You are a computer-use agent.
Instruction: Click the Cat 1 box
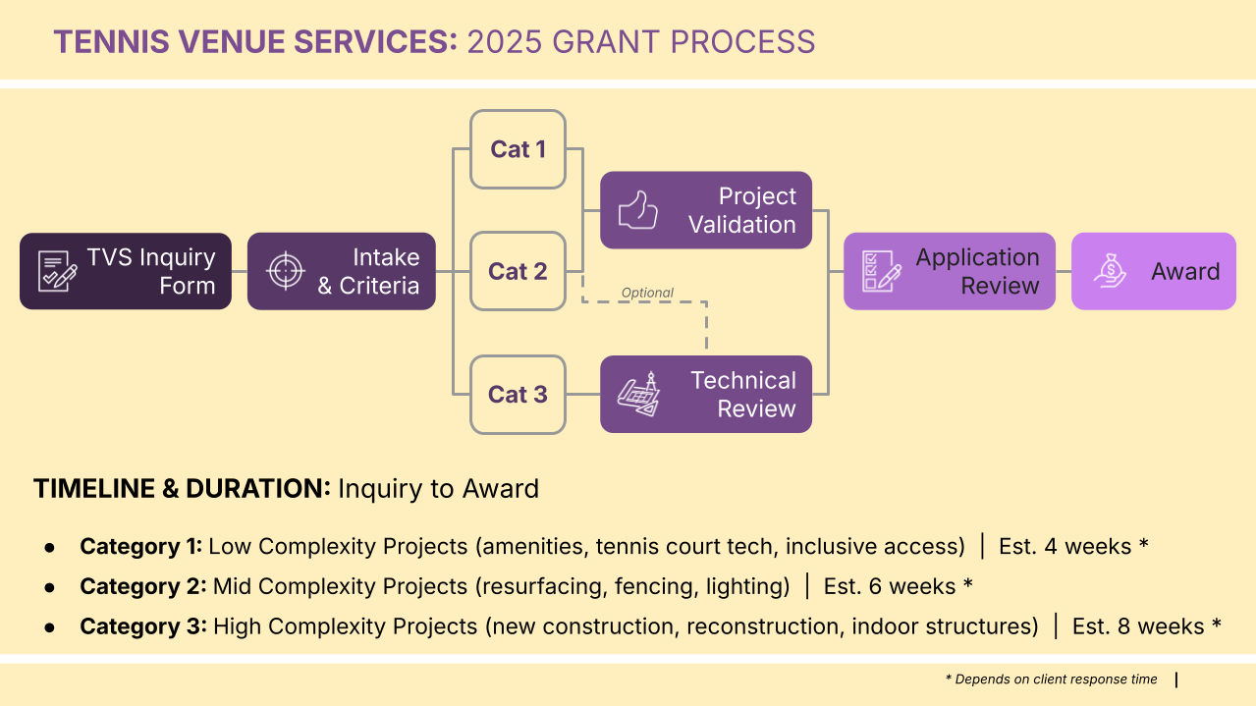tap(518, 149)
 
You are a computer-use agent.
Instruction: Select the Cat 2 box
tap(518, 271)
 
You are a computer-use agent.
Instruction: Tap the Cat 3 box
tap(518, 394)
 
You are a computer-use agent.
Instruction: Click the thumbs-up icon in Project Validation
tap(637, 210)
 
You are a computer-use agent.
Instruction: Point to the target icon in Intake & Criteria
tap(286, 271)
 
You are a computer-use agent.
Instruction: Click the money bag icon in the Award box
tap(1110, 271)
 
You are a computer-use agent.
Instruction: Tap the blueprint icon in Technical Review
tap(638, 394)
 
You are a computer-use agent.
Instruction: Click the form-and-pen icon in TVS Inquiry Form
tap(57, 271)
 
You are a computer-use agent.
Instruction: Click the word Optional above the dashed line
tap(647, 293)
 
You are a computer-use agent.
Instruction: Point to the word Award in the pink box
tap(1185, 271)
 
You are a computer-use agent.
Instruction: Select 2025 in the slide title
tap(505, 42)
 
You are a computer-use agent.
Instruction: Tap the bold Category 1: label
tap(140, 546)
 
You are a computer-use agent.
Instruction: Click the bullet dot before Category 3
tap(50, 626)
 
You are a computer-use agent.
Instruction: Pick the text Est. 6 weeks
tap(890, 586)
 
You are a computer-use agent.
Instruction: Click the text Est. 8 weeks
tap(1138, 626)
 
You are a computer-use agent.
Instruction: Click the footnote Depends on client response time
tap(1056, 679)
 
